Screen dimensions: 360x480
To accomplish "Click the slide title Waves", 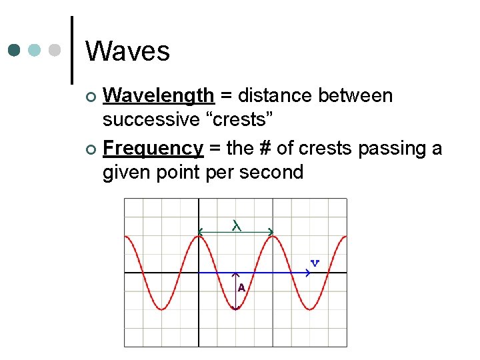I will (x=127, y=51).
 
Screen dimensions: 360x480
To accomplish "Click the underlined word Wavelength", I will (x=159, y=96).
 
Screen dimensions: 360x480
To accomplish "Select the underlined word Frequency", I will (x=153, y=148).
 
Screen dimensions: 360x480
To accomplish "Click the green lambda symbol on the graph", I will (x=236, y=225).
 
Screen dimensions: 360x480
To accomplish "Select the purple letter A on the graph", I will (x=241, y=288).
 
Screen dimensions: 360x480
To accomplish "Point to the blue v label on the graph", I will (x=315, y=263).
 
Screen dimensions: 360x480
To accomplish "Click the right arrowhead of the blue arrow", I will (x=308, y=273).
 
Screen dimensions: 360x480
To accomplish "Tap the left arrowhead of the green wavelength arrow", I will (x=199, y=232).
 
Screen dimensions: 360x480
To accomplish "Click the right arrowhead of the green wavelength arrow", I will (x=270, y=232).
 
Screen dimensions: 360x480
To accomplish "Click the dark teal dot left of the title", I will (x=15, y=51).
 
